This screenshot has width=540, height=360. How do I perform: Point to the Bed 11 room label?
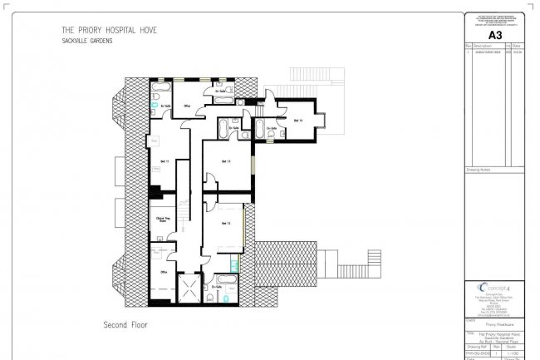point(163,160)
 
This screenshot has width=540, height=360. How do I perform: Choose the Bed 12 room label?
point(225,224)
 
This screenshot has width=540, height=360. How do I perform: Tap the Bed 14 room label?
point(297,120)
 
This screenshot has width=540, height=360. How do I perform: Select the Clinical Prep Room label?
point(162,220)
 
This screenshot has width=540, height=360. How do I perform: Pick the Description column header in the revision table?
point(482,46)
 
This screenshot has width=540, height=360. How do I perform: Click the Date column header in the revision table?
point(518,46)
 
